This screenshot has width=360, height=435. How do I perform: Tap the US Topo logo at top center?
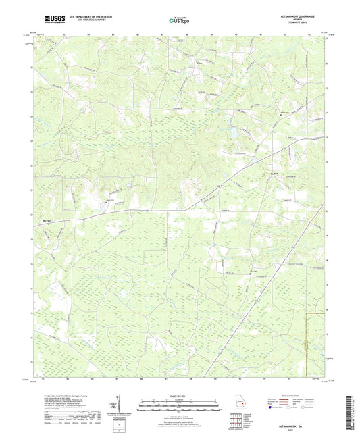point(177,21)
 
